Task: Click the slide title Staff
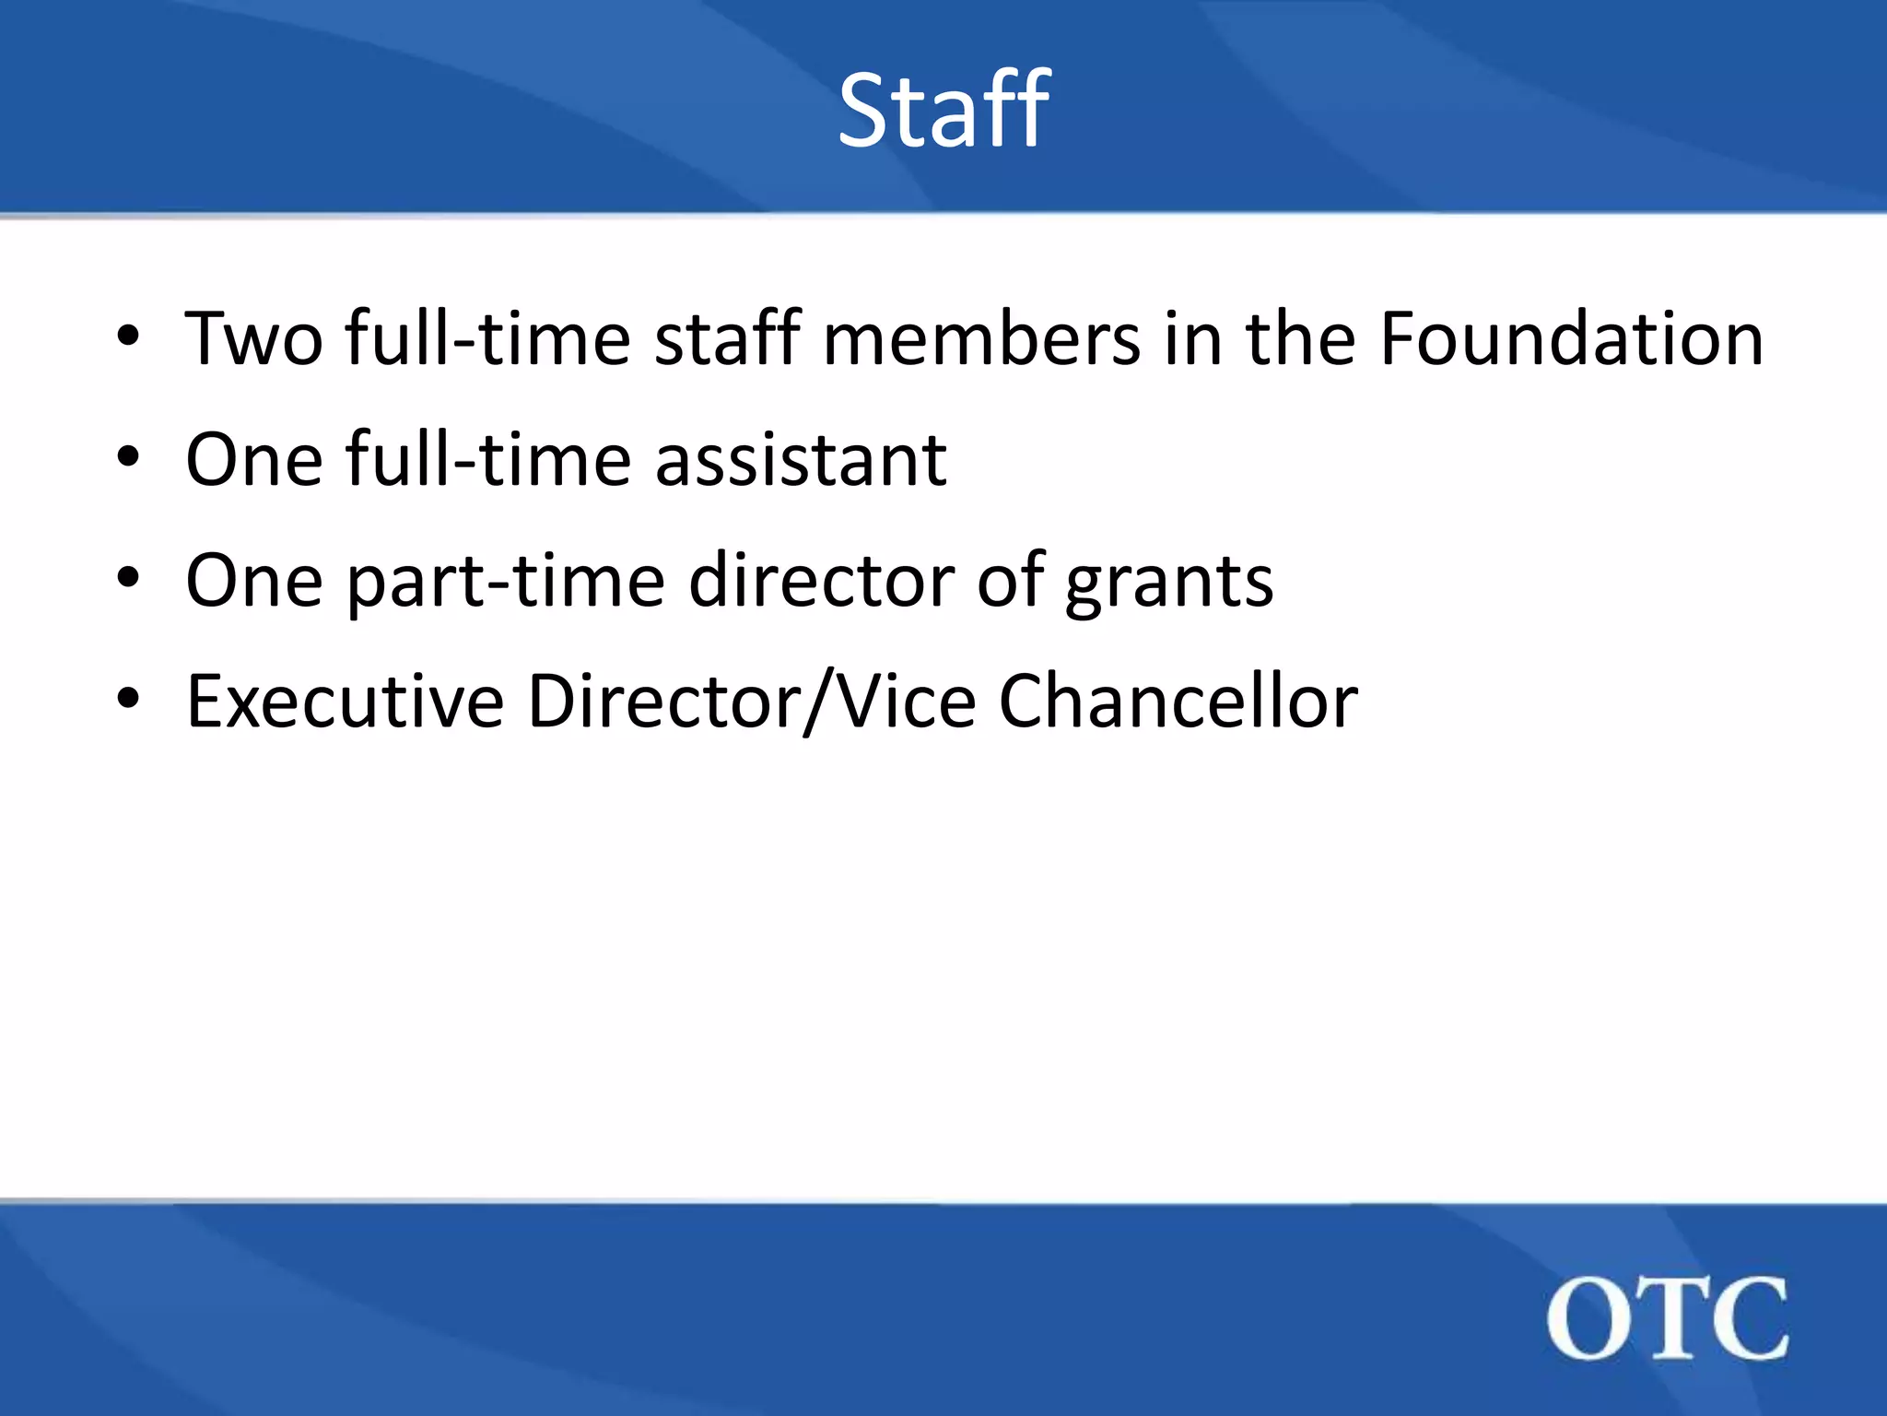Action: click(943, 111)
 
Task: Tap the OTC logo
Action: click(1667, 1318)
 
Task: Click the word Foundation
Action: click(1571, 338)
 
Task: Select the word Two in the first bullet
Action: click(254, 338)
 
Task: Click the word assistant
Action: click(801, 459)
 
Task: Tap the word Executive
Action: click(345, 702)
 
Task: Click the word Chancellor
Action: click(1178, 702)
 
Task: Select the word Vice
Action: click(908, 702)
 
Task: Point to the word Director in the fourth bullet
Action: click(662, 702)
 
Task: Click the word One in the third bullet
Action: click(254, 581)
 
